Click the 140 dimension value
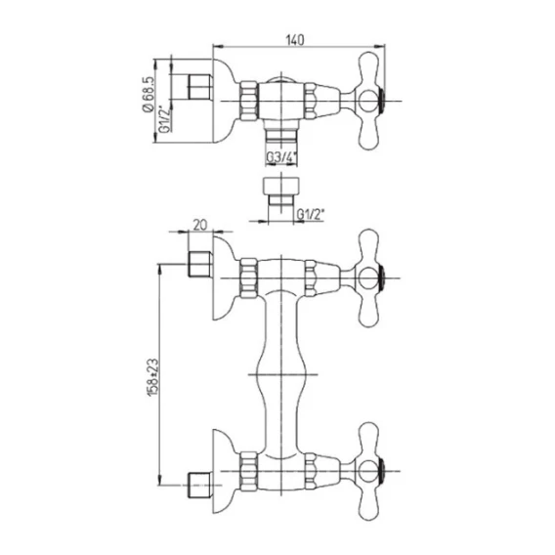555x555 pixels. coord(294,40)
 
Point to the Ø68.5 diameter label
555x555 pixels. coord(149,94)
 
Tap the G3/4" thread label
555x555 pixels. coord(281,158)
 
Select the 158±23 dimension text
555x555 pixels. coord(153,377)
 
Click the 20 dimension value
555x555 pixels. coord(200,226)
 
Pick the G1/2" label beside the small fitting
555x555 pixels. coord(310,215)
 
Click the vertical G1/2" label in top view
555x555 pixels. coord(165,119)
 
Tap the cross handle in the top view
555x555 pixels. coord(368,102)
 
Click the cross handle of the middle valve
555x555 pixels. coord(368,277)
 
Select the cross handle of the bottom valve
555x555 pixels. coord(368,471)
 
